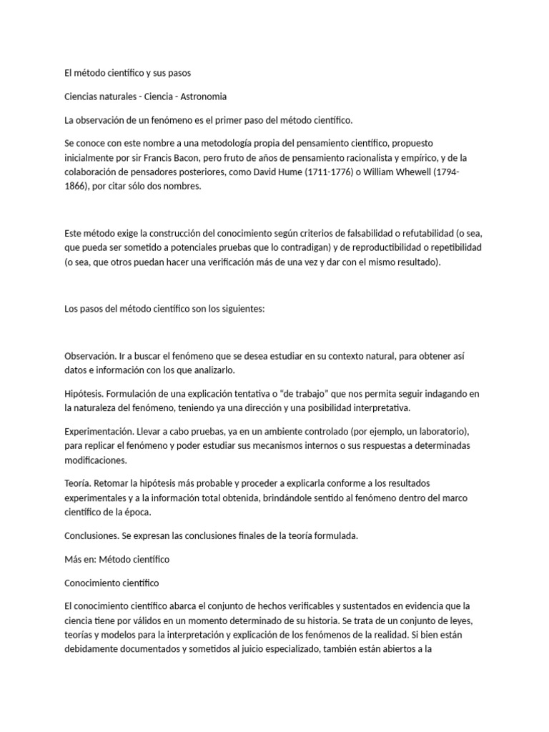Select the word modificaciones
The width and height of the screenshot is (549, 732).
coord(99,460)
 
